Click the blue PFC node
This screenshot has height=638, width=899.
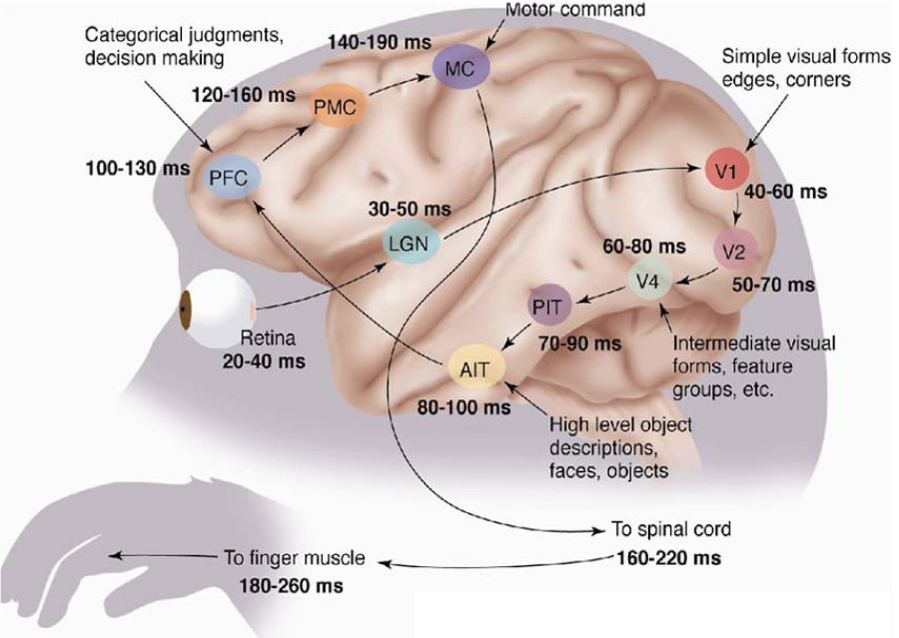pos(233,178)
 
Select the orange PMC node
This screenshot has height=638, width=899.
pos(338,107)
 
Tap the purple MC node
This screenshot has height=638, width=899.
pos(460,68)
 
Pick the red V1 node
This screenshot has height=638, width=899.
pos(727,170)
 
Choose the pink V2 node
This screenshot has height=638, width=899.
pos(735,250)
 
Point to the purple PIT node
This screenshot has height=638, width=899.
pos(549,307)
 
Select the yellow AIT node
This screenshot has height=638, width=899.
pos(475,368)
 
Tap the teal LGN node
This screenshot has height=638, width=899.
pos(411,243)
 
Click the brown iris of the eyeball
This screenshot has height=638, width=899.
pos(186,310)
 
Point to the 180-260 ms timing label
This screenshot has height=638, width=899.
pos(292,586)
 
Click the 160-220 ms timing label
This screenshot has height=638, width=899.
pos(668,557)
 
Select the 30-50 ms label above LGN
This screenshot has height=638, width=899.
pos(410,209)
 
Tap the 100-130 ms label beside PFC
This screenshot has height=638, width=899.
pos(138,168)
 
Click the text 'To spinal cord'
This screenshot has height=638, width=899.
pos(671,528)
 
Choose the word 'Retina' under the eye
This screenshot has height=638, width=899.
pos(268,338)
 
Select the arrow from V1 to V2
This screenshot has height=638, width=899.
pos(738,208)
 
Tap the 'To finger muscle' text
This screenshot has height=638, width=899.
pos(294,557)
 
